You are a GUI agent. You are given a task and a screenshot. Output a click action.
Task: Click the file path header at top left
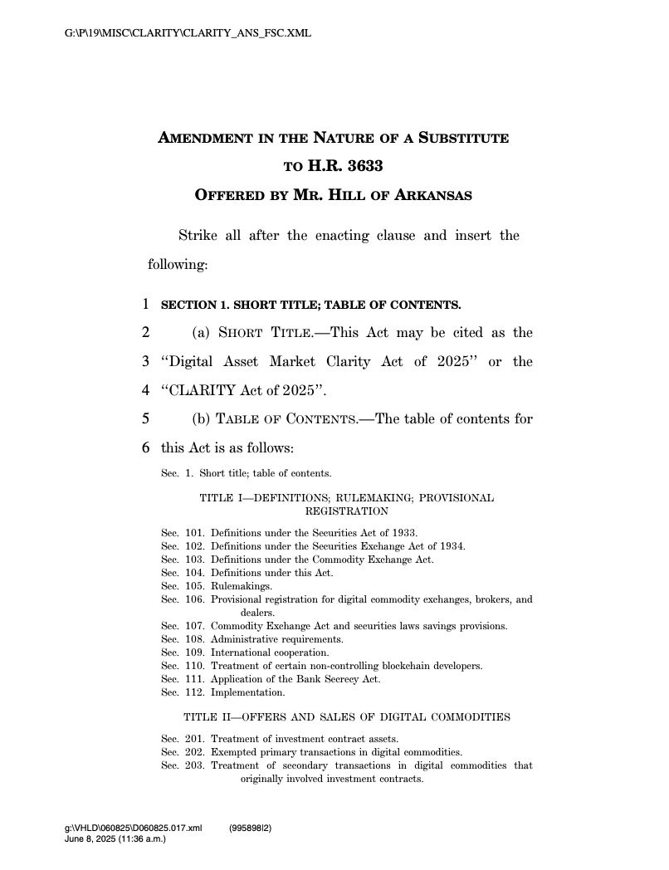click(x=188, y=33)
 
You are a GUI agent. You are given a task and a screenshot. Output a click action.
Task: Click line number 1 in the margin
click(x=146, y=305)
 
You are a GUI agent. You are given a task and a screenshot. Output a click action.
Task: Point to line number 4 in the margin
click(x=146, y=391)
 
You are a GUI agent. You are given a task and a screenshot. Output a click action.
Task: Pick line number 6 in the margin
click(x=146, y=448)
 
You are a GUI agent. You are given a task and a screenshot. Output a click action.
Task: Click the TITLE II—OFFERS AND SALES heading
click(x=346, y=716)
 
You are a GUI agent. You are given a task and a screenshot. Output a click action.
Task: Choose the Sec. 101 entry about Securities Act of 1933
click(x=290, y=532)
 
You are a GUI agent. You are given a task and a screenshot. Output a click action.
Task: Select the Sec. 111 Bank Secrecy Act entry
click(x=271, y=679)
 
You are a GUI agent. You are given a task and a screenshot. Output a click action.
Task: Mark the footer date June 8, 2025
click(x=115, y=839)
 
